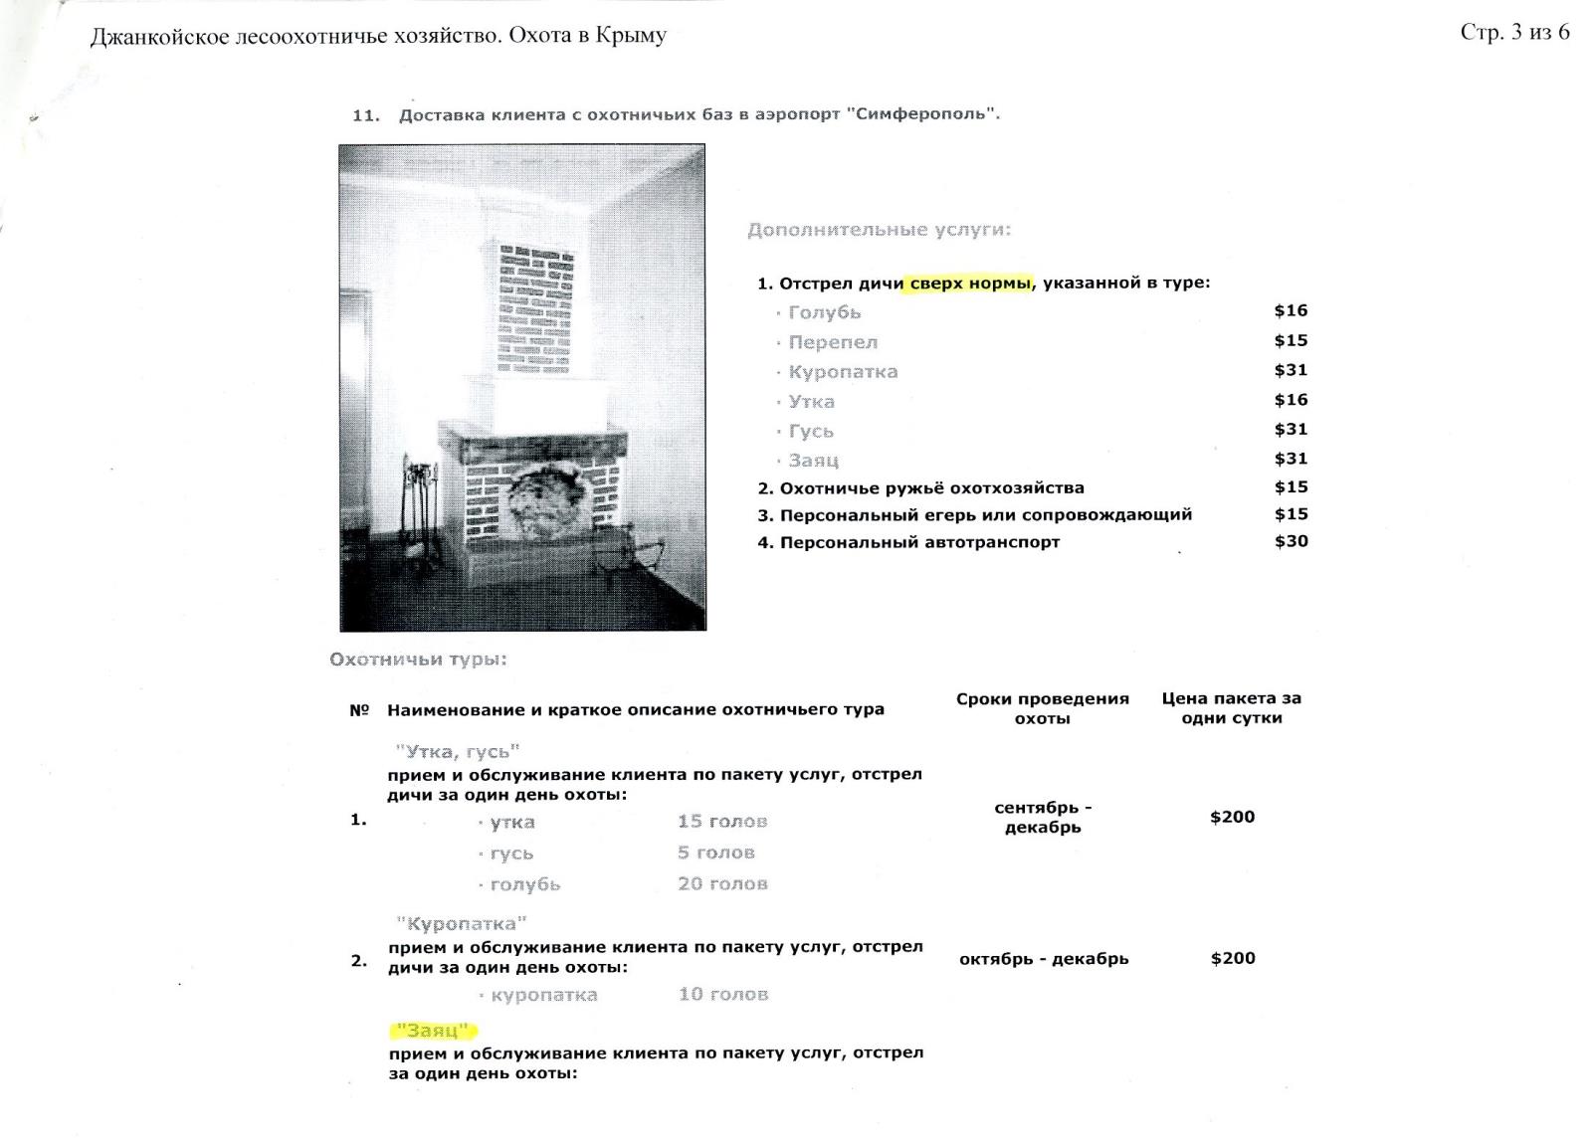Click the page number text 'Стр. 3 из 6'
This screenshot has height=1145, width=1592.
[1514, 33]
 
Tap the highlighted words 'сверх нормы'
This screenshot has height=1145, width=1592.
[970, 284]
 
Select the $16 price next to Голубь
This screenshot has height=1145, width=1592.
[1291, 310]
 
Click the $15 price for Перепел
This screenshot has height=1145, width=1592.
[1291, 340]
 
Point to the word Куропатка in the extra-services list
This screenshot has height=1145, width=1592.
[843, 372]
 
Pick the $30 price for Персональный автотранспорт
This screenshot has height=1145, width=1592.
[1291, 541]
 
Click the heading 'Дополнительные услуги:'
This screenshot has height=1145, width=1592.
[879, 230]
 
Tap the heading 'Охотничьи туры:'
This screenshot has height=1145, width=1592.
[418, 660]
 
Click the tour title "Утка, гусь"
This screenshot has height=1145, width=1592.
[458, 752]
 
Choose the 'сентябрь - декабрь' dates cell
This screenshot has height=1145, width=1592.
[1042, 818]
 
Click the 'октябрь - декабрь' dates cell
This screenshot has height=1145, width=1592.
[1043, 959]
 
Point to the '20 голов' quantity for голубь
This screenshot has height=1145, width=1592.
[722, 883]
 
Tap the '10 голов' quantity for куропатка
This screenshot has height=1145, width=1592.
[722, 994]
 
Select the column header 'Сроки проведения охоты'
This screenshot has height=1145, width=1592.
[1042, 708]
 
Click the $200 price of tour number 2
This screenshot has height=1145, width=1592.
[1232, 958]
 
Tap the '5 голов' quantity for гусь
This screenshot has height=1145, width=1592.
[715, 853]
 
